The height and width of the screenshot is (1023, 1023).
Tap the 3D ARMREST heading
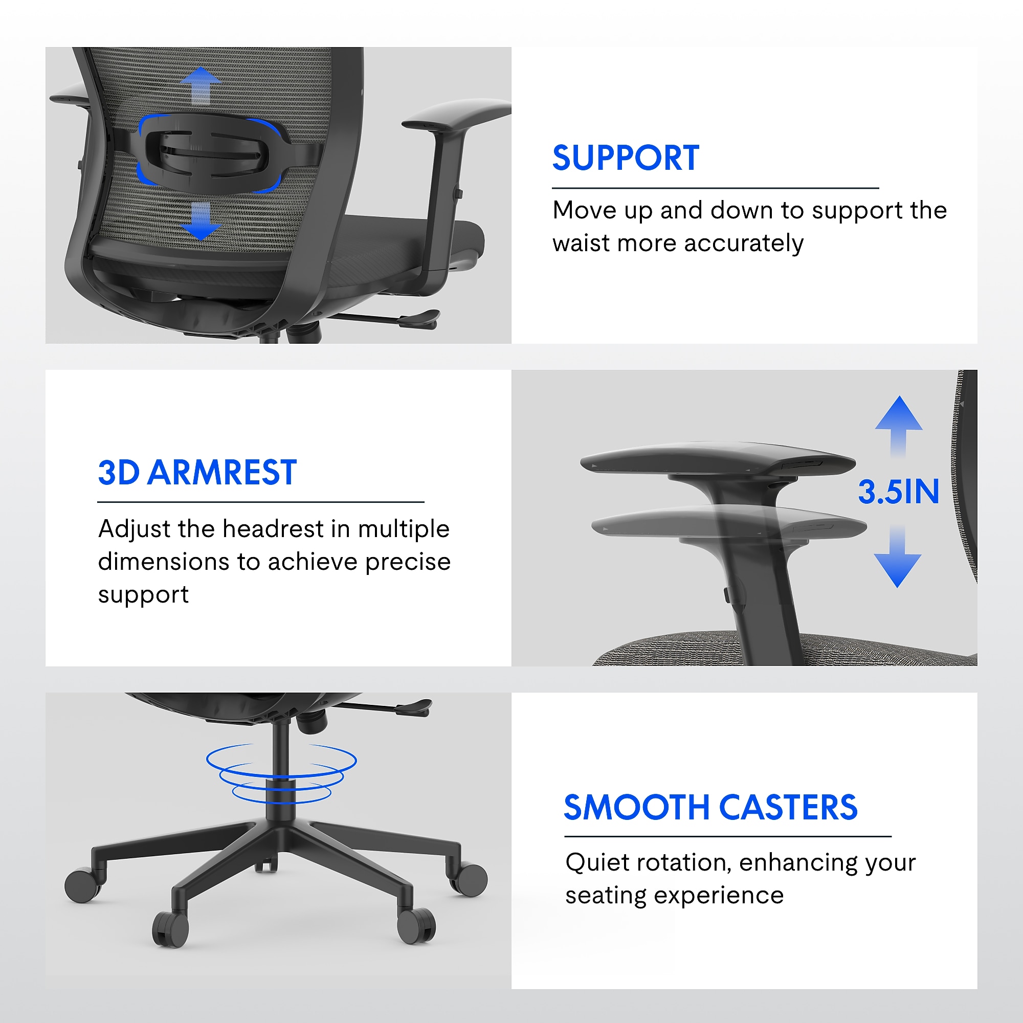tap(197, 472)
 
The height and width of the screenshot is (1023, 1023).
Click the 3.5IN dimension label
tap(899, 492)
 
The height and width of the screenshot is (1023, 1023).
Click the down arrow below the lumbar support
tap(200, 221)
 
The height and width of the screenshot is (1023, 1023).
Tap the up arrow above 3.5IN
tap(899, 427)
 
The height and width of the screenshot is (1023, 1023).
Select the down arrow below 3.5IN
tap(898, 557)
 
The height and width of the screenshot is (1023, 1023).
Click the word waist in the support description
tap(581, 243)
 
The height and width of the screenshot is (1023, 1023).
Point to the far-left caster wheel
tap(82, 885)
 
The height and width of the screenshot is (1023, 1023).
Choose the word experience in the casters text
tap(719, 897)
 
